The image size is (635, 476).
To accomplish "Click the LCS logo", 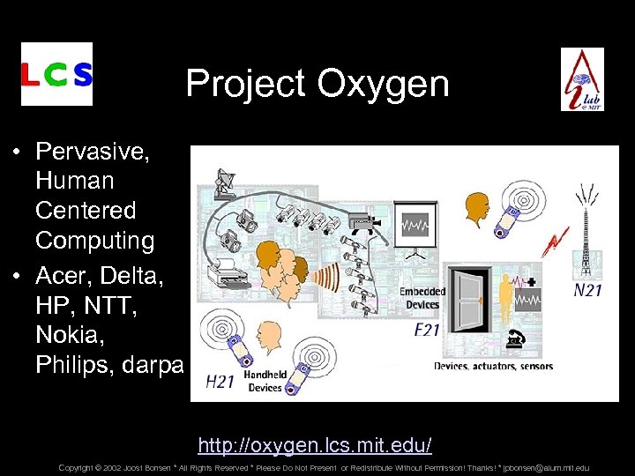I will (56, 74).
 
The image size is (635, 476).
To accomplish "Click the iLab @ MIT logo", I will (583, 78).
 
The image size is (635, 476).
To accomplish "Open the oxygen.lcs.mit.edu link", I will (315, 443).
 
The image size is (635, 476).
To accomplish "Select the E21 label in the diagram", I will (429, 331).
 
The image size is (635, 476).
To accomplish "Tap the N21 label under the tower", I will (587, 289).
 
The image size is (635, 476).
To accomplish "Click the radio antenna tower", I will (584, 234).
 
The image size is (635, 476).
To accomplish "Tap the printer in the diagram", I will (232, 272).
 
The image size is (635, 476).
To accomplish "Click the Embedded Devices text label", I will (422, 298).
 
